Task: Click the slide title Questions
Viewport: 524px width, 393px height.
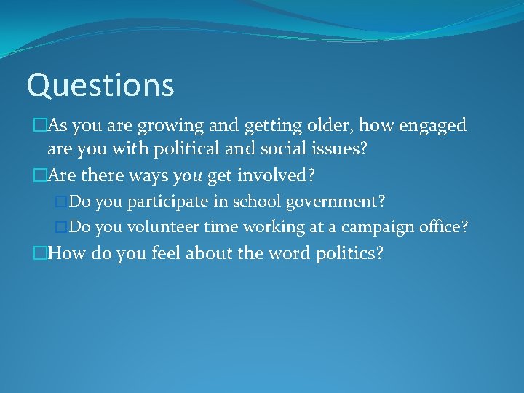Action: coord(100,85)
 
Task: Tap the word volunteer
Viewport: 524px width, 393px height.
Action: coord(163,227)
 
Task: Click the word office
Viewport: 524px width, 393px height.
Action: coord(446,227)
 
